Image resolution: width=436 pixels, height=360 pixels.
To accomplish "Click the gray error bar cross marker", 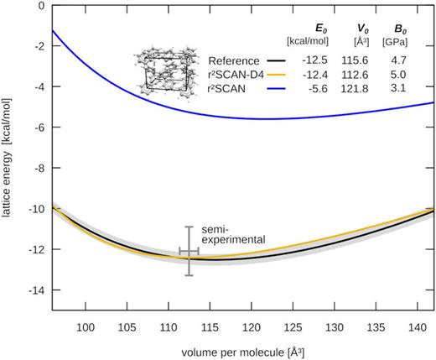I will [x=189, y=251].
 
